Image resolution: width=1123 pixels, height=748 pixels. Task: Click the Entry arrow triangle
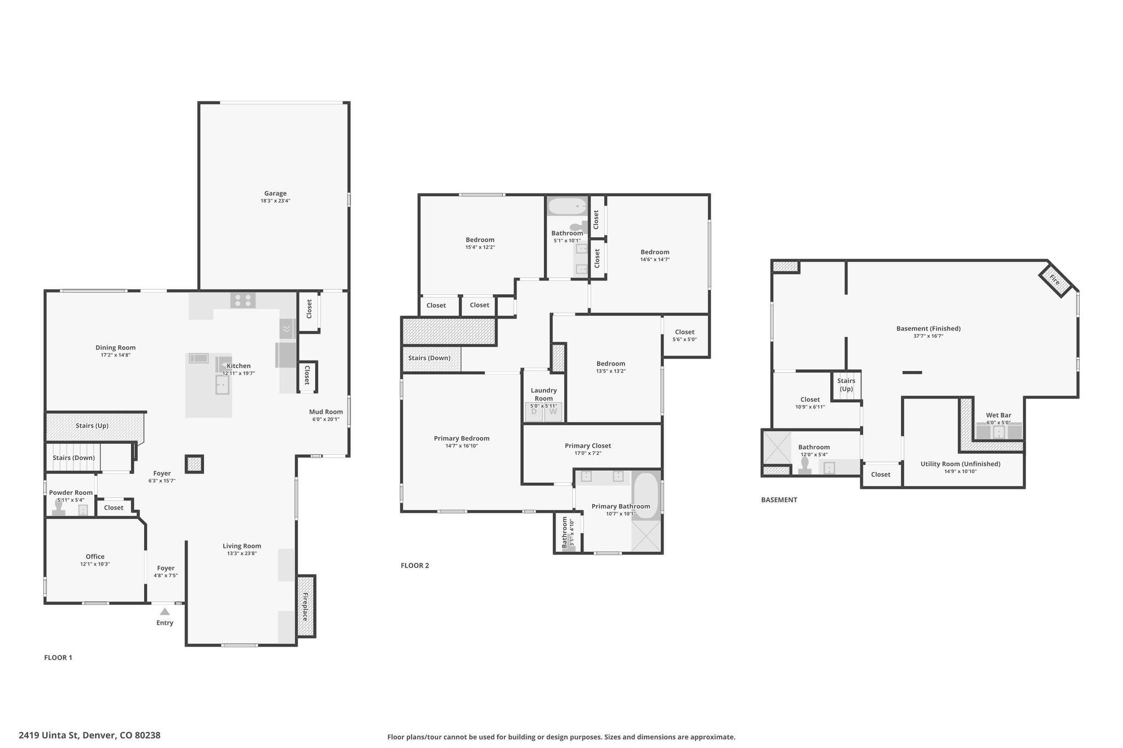pos(165,612)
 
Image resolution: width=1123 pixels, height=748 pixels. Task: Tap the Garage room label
pos(275,193)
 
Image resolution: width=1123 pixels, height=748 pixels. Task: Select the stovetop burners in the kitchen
pos(243,300)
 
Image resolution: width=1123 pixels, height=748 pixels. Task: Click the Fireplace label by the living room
pos(305,606)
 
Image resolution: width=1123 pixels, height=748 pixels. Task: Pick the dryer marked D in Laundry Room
pos(534,412)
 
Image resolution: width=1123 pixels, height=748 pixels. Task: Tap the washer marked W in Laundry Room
pos(553,412)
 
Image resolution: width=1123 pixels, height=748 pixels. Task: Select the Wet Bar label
pos(999,415)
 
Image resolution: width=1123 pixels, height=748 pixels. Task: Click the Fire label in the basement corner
pos(1054,279)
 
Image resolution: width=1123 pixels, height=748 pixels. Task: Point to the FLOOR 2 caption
pos(415,566)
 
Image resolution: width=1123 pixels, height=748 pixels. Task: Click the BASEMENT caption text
pos(779,500)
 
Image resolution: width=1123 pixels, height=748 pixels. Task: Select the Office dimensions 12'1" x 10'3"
pos(95,564)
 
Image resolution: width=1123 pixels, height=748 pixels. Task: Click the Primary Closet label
pos(588,446)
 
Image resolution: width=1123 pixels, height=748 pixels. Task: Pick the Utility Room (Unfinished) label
pos(960,464)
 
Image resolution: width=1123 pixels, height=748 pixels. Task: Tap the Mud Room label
pos(326,412)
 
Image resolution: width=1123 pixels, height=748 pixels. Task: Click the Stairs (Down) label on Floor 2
pos(429,358)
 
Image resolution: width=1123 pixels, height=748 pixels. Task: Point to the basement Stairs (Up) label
pos(846,385)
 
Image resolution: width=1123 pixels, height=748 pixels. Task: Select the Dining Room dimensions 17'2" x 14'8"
pos(115,355)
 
